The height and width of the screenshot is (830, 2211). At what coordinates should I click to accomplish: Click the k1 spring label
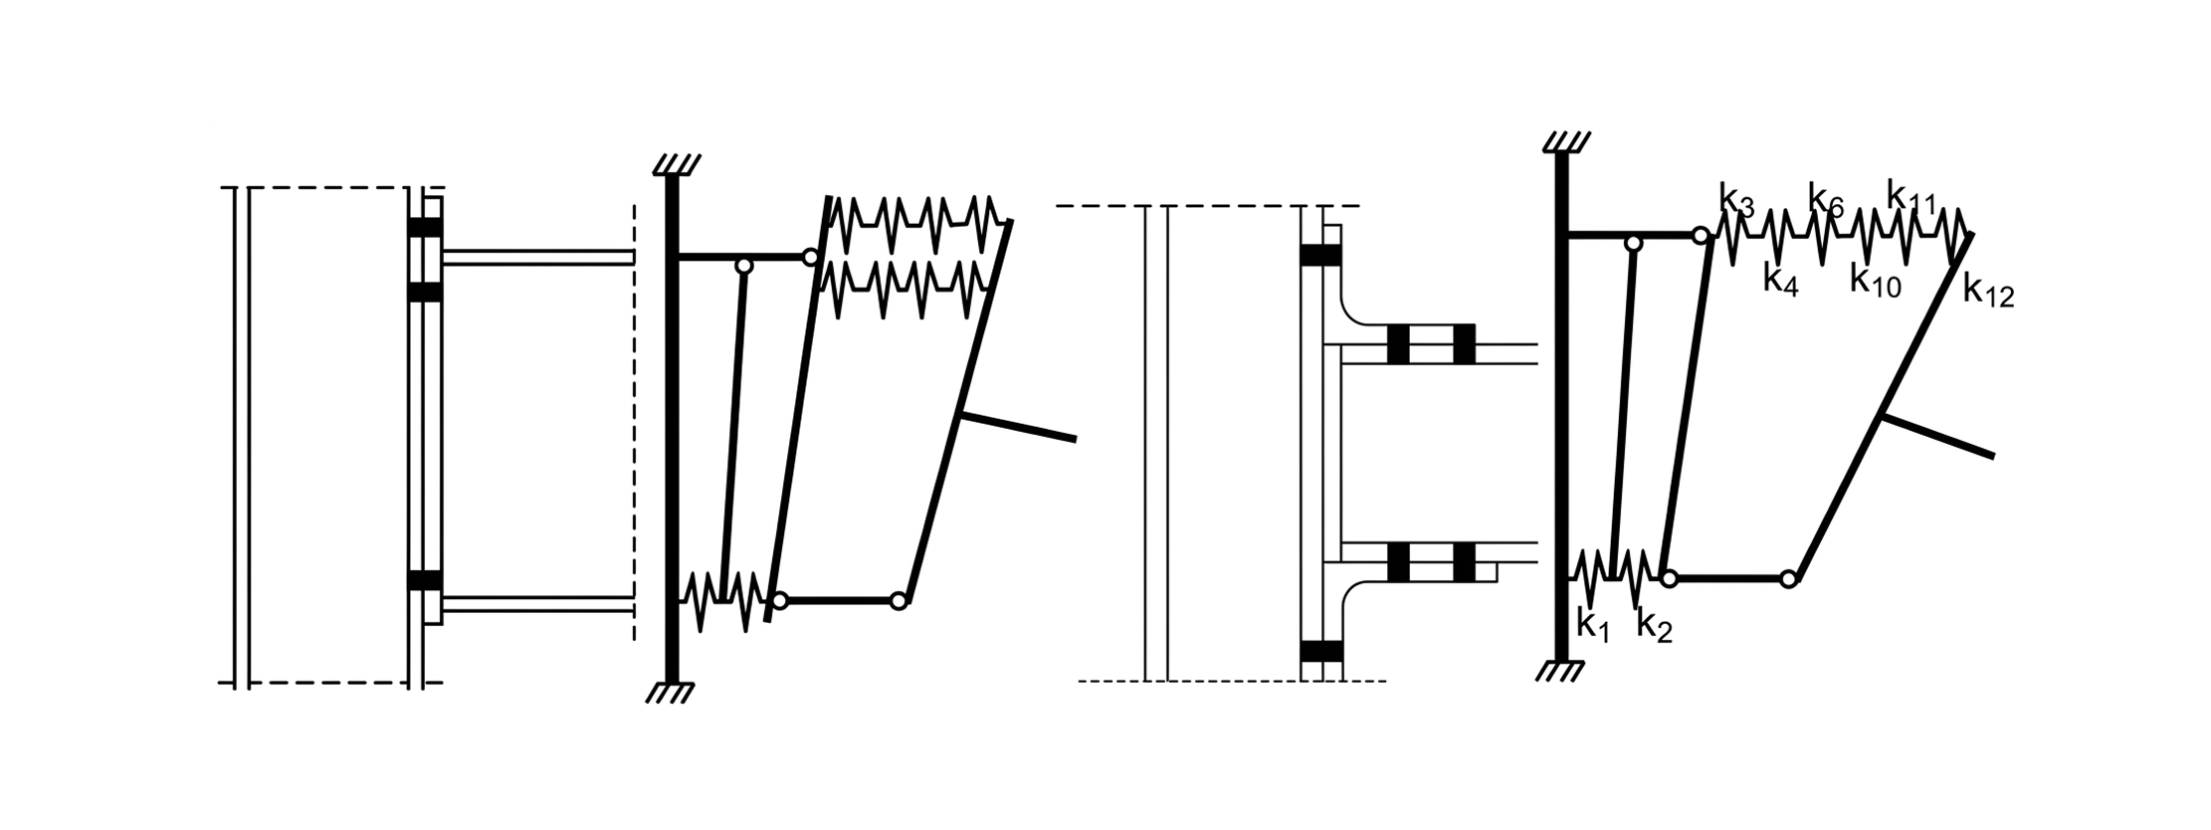pos(1592,624)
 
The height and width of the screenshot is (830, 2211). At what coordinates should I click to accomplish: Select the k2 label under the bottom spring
pos(1654,626)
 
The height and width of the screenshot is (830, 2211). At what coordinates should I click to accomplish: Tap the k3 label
pos(1737,199)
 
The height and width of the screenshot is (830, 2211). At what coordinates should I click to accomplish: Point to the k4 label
pos(1780,280)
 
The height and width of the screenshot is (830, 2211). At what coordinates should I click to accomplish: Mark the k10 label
pos(1876,282)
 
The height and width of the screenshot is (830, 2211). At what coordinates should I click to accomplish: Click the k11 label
pos(1910,197)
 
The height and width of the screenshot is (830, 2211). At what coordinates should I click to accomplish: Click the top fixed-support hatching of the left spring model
pos(676,164)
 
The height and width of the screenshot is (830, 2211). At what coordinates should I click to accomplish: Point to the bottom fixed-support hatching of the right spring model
pos(1559,672)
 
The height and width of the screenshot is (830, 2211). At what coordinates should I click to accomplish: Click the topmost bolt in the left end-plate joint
pos(425,227)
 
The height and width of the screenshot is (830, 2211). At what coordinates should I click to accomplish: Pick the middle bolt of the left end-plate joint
pos(425,292)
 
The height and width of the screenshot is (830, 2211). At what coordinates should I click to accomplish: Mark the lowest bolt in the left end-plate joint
pos(425,580)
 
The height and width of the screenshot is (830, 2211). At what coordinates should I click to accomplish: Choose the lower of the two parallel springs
pos(905,289)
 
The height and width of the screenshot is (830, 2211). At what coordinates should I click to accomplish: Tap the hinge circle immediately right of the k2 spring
pos(1669,578)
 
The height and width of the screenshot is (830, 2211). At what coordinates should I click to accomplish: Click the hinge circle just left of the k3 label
pos(1702,236)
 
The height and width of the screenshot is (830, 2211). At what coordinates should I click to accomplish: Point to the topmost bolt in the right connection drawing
pos(1321,255)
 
